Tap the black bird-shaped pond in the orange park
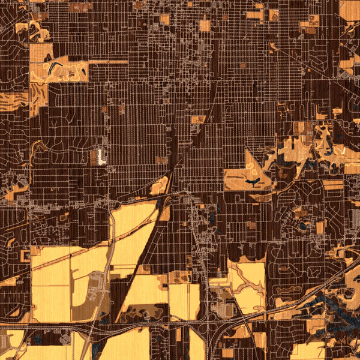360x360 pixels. coord(253,179)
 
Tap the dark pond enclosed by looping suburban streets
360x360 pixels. coord(302,227)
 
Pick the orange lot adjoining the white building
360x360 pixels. coord(94,158)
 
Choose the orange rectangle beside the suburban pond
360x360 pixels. coord(320,227)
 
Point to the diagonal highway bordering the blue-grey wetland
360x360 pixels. coord(300,300)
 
